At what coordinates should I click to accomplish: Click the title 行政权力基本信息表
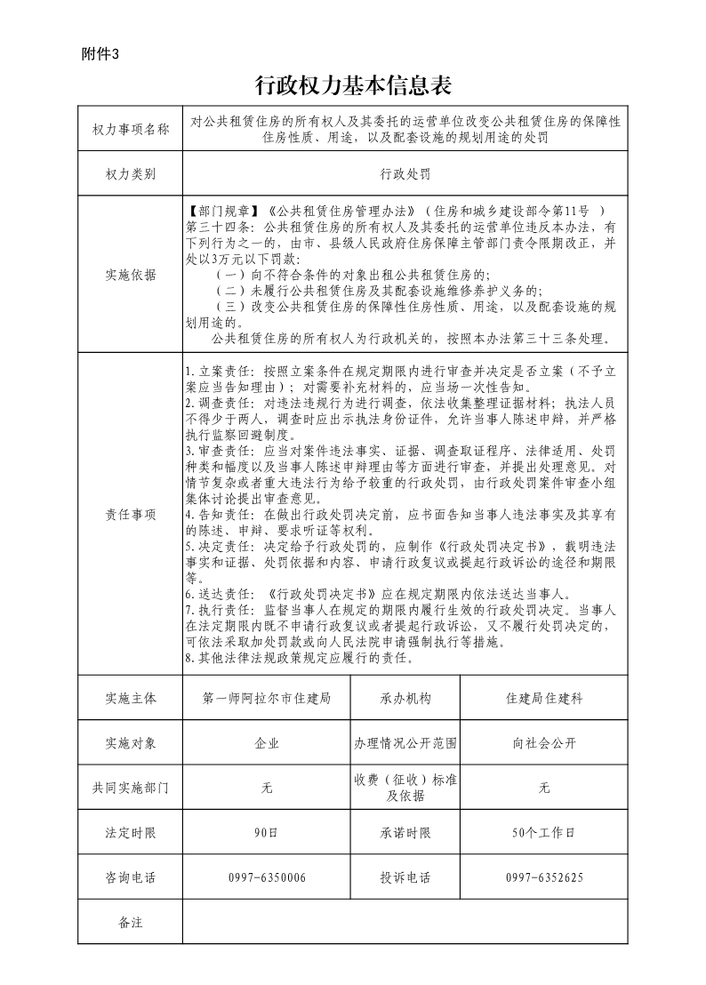point(353,85)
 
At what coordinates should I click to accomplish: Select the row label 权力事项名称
point(130,130)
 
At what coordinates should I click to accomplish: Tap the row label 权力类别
point(130,173)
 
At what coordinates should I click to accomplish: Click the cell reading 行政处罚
point(405,173)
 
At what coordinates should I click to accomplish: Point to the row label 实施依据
point(130,275)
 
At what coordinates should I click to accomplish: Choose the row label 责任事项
point(130,514)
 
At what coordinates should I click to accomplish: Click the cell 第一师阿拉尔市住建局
point(267,699)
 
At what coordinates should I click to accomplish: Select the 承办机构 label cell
point(405,699)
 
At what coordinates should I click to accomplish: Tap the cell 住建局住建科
point(544,699)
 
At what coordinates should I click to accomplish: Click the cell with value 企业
point(267,743)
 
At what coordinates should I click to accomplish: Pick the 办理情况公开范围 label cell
point(405,743)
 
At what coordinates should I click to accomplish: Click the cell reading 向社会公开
point(544,743)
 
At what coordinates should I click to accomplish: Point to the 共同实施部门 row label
point(130,788)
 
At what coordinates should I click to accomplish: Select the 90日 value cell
point(267,833)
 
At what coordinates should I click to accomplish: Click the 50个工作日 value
point(544,833)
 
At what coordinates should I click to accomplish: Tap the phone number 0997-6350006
point(267,877)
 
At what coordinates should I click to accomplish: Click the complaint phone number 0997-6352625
point(544,877)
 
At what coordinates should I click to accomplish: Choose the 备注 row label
point(130,922)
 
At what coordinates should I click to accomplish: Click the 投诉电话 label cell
point(405,877)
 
